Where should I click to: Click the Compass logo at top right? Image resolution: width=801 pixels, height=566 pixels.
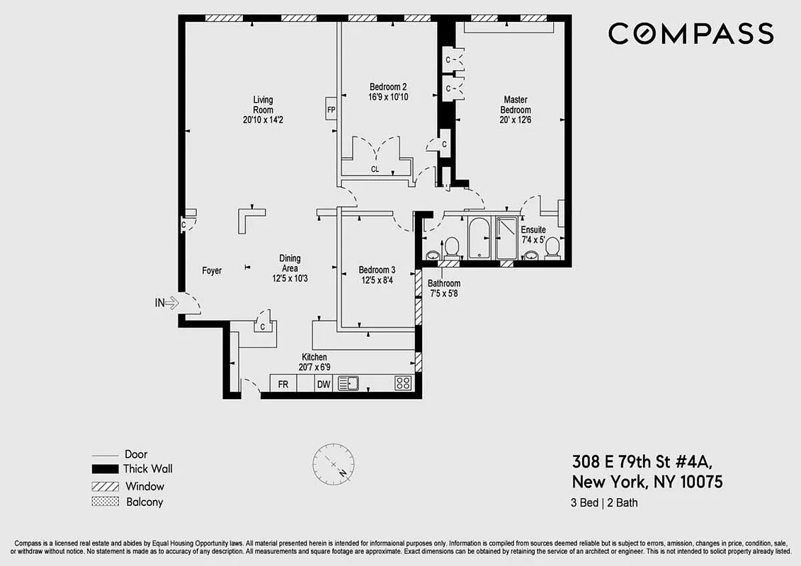tap(691, 33)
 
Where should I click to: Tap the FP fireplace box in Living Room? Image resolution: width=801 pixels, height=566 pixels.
tap(331, 110)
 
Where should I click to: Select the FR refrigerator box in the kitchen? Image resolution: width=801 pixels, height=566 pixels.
tap(283, 383)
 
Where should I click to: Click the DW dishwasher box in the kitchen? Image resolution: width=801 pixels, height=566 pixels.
tap(324, 383)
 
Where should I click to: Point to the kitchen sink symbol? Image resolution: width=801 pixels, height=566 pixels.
tap(348, 383)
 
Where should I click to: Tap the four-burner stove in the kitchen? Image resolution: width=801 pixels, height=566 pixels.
tap(403, 383)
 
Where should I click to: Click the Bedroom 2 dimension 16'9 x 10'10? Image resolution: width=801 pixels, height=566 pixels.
tap(388, 97)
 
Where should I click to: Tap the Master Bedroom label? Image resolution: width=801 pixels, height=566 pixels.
tap(515, 105)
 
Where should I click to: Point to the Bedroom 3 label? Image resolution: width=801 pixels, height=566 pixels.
tap(377, 270)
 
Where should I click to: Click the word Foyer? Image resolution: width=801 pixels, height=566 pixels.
tap(212, 270)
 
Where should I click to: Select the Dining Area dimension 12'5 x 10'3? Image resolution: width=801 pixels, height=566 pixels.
tap(290, 278)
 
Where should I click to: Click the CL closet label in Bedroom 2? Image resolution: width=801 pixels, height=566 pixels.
tap(375, 170)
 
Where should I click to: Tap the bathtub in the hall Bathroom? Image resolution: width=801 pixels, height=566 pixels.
tap(479, 238)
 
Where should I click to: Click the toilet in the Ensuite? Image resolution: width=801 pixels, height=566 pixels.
tap(553, 248)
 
